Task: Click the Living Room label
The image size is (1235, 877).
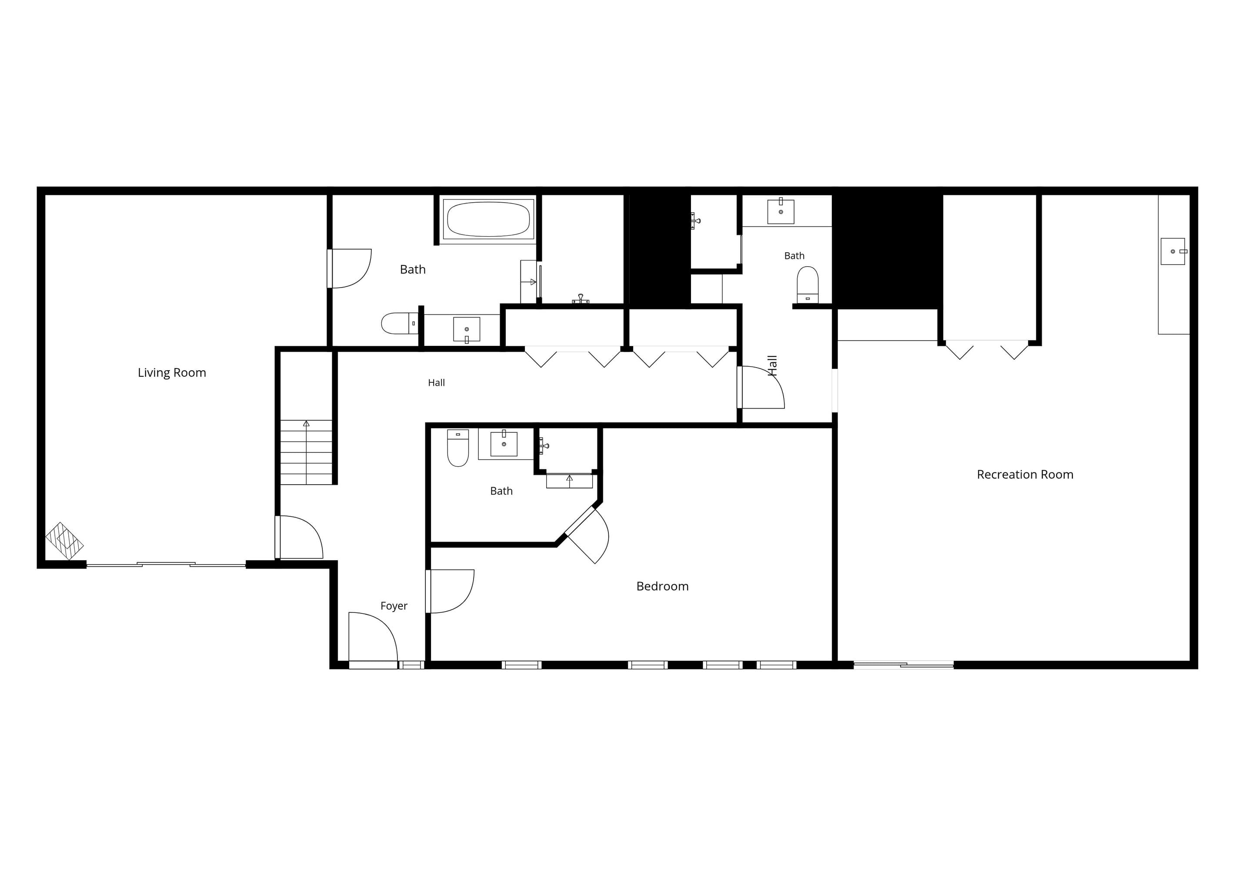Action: [x=172, y=373]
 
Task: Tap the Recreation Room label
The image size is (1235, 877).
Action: [x=1025, y=475]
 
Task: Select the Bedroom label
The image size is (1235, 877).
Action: [x=662, y=586]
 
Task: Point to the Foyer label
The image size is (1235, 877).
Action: [x=394, y=606]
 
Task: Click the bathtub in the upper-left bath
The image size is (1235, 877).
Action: [x=488, y=219]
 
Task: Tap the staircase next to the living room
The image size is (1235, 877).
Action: [x=306, y=452]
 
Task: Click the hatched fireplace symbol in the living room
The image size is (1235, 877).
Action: [x=64, y=541]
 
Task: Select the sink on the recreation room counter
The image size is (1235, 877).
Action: [x=1173, y=251]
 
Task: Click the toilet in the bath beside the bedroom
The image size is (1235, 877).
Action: [x=458, y=448]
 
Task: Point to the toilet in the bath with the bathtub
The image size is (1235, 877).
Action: [x=400, y=324]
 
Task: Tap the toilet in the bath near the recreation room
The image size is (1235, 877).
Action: [x=808, y=285]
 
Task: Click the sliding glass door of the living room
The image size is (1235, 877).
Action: [x=166, y=565]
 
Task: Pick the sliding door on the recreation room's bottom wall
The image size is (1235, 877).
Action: [x=904, y=665]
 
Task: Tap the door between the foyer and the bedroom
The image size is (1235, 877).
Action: [x=450, y=591]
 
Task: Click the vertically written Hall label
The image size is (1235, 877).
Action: [x=772, y=365]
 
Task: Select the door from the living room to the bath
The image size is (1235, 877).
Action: [x=350, y=268]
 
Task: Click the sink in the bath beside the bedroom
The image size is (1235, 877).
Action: [x=504, y=444]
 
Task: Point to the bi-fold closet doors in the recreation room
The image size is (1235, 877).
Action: [x=987, y=349]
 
